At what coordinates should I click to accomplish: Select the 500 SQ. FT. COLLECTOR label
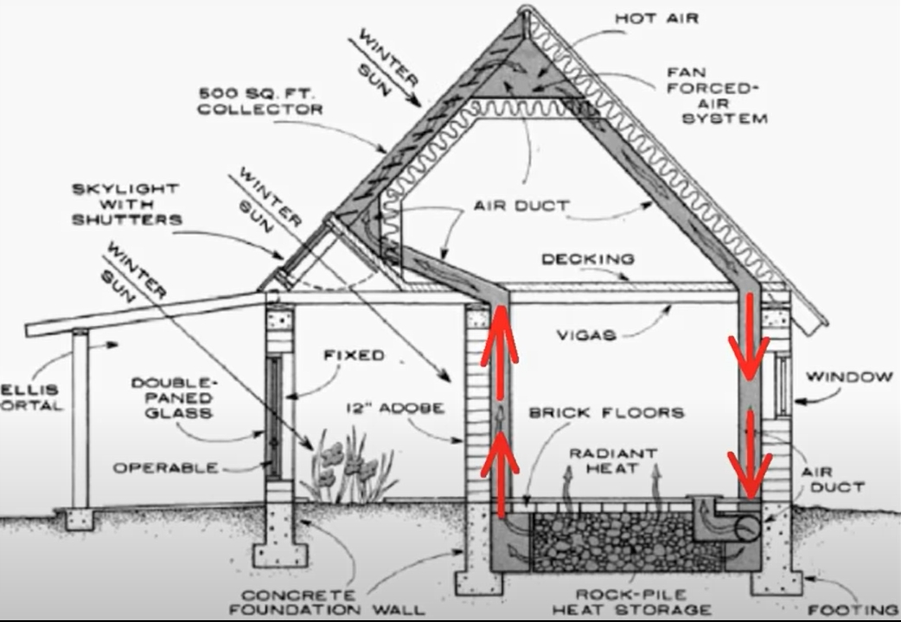click(x=259, y=101)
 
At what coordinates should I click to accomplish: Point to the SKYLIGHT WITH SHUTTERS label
click(x=125, y=203)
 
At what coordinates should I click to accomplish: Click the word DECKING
click(x=588, y=259)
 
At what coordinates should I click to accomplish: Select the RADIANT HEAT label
click(x=612, y=460)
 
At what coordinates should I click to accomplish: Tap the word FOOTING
click(x=854, y=609)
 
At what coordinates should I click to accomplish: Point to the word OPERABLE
click(x=165, y=467)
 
